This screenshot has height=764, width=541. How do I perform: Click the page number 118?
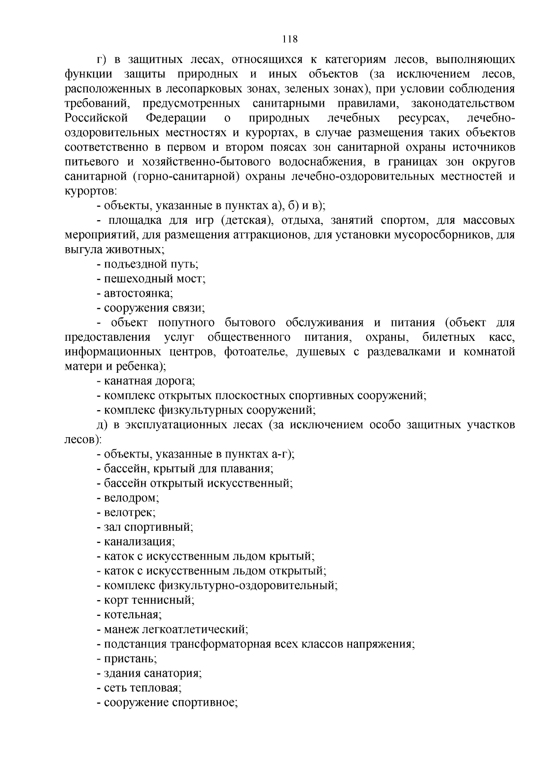point(290,39)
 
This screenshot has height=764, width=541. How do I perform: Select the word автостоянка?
point(138,294)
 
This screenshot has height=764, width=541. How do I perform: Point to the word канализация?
point(138,542)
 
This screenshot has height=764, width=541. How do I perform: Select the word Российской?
point(96,118)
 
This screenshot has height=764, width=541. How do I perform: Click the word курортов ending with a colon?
point(91,191)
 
